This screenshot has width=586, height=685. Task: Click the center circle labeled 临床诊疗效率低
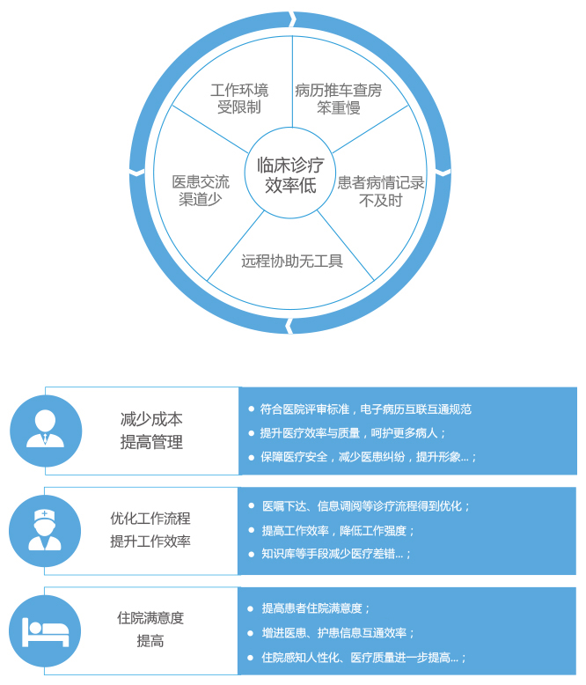[x=290, y=174]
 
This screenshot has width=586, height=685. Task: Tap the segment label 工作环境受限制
[x=239, y=99]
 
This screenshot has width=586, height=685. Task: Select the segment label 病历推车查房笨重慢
[x=339, y=99]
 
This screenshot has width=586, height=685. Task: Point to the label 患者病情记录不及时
[x=381, y=191]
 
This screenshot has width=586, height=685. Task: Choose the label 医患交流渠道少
[x=201, y=190]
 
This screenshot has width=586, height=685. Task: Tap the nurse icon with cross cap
[x=45, y=530]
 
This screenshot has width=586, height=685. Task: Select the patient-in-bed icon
[x=45, y=630]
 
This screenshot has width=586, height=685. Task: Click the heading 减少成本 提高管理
[x=151, y=431]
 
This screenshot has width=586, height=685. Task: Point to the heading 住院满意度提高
[x=150, y=630]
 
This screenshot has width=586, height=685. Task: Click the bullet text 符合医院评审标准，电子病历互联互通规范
[x=365, y=409]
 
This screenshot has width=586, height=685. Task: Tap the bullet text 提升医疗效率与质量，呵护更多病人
[x=353, y=433]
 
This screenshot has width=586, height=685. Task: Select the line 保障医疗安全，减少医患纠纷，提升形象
[x=368, y=457]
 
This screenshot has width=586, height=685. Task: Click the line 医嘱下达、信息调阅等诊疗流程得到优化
[x=366, y=506]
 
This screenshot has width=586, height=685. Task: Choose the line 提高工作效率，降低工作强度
[x=338, y=530]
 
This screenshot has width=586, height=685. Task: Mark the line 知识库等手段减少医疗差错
[x=336, y=554]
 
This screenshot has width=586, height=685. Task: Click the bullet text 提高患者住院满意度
[x=316, y=608]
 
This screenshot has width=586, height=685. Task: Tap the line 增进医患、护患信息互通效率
[x=338, y=632]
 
